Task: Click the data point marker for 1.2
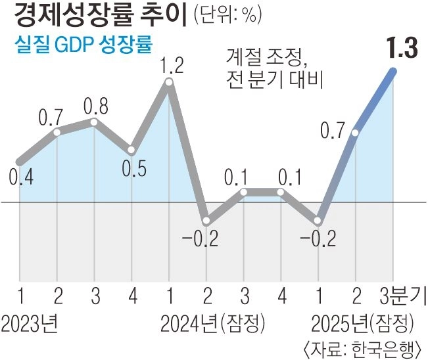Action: pos(169,83)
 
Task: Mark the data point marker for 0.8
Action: pos(94,122)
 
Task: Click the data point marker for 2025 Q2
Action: pos(356,133)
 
